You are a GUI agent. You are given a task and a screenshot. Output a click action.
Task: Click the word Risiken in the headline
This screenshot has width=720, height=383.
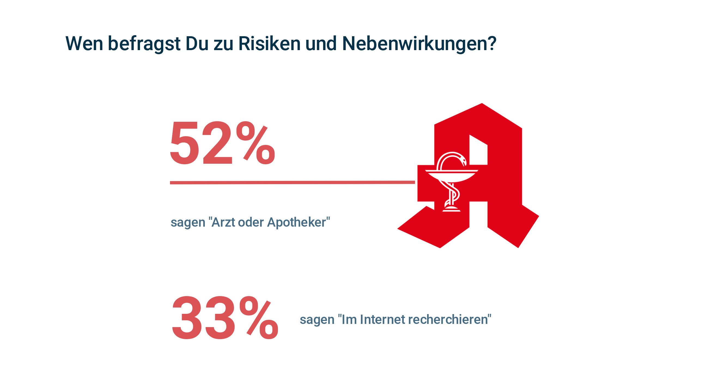[x=269, y=44]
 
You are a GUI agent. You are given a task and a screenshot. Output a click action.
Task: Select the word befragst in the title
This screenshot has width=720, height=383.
[x=144, y=44]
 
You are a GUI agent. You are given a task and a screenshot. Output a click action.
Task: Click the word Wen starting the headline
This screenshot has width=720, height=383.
[x=84, y=44]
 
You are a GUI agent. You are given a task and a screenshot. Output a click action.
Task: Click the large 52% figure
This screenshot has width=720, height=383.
[x=222, y=143]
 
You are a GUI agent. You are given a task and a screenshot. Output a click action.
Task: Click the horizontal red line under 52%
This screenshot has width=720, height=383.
[x=292, y=183]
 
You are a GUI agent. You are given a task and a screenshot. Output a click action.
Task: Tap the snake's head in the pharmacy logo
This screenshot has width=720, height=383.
[x=463, y=161]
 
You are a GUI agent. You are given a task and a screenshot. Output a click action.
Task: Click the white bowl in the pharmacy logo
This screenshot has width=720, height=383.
[x=451, y=176]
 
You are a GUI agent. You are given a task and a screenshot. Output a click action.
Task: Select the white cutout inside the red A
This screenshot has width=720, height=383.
[x=478, y=151]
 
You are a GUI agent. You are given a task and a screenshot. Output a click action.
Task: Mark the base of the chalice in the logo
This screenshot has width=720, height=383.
[x=451, y=209]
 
